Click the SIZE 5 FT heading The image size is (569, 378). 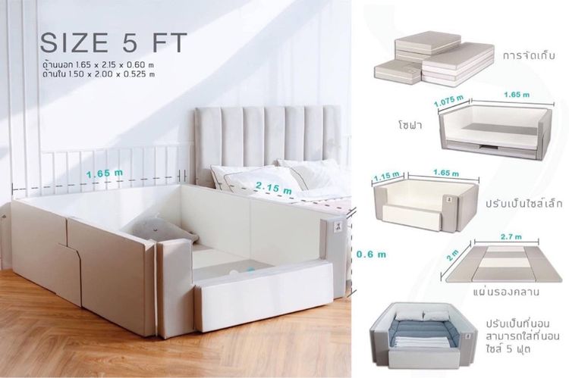[114, 42]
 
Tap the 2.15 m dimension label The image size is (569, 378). [274, 188]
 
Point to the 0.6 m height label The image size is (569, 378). [371, 254]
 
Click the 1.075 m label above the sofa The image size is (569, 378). [449, 101]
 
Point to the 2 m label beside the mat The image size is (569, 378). [453, 255]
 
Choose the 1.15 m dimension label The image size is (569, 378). [386, 176]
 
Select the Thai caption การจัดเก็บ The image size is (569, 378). [529, 56]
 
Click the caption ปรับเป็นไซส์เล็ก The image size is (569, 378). [524, 203]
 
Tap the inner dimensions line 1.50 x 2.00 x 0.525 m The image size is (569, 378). [99, 75]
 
